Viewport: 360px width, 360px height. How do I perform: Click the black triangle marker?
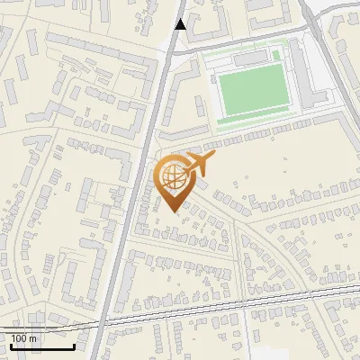click(x=181, y=24)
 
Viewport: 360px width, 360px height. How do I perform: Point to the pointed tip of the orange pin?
click(x=174, y=211)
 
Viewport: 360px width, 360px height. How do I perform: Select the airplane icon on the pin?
click(x=198, y=165)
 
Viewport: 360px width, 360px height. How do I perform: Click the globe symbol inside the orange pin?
click(x=173, y=176)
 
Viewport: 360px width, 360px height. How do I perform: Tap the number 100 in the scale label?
click(x=20, y=338)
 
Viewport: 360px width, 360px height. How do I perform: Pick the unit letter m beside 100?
click(x=33, y=338)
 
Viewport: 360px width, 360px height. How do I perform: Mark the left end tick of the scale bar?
click(x=11, y=344)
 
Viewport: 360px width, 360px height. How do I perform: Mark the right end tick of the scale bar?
click(x=74, y=344)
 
